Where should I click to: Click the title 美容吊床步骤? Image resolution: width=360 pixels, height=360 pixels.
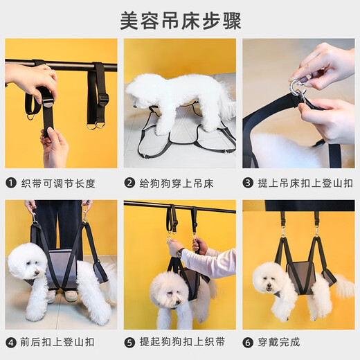[x=180, y=20]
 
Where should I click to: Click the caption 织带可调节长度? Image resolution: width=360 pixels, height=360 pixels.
[x=60, y=183]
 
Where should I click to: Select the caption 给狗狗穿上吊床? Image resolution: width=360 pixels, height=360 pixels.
[x=177, y=183]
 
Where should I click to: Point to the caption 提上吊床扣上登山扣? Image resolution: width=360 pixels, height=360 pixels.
[x=305, y=183]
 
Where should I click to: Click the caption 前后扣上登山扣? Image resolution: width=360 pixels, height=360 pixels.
[x=60, y=342]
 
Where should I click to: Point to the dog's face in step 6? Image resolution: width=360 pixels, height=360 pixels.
[x=269, y=280]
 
